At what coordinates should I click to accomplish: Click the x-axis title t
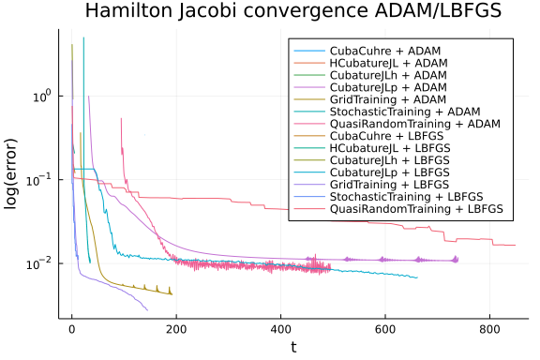pos(292,348)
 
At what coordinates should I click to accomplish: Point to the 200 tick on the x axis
pos(176,329)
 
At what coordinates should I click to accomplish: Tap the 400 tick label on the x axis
pos(280,329)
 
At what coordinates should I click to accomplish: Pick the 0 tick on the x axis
pos(71,329)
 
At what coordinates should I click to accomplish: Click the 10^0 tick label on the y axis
pos(40,96)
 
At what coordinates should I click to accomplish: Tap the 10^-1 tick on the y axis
pos(40,179)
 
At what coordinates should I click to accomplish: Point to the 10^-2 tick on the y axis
pos(40,262)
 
